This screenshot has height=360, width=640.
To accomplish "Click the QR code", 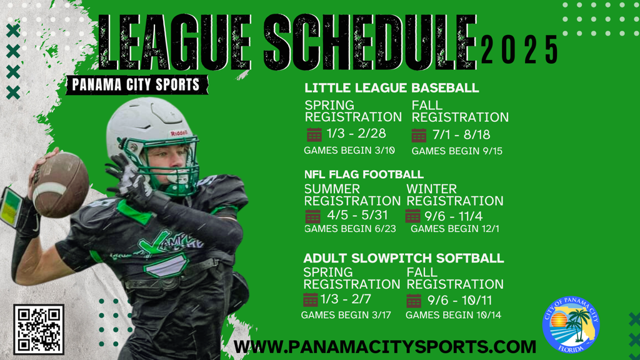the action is pyautogui.click(x=39, y=329).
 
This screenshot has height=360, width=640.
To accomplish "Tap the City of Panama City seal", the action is pyautogui.click(x=571, y=324).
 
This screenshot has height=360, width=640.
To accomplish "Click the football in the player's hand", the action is pyautogui.click(x=61, y=184).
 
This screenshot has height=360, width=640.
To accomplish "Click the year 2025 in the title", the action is pyautogui.click(x=519, y=49).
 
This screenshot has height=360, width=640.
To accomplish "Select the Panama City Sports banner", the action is pyautogui.click(x=137, y=85).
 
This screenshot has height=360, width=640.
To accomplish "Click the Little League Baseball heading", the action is pyautogui.click(x=392, y=87).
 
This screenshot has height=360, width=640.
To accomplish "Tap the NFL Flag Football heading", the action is pyautogui.click(x=364, y=174).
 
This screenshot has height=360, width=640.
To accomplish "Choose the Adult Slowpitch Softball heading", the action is pyautogui.click(x=404, y=258).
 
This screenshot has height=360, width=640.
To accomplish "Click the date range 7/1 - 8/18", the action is pyautogui.click(x=462, y=135).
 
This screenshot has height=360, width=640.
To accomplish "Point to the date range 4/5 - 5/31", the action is pyautogui.click(x=357, y=215).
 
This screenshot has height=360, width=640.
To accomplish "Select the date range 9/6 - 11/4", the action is pyautogui.click(x=454, y=216).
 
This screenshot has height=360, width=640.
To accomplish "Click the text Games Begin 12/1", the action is pyautogui.click(x=455, y=229).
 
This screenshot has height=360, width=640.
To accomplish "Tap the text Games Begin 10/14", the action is pyautogui.click(x=454, y=315).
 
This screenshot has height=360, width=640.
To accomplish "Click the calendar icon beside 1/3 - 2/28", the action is pyautogui.click(x=314, y=135).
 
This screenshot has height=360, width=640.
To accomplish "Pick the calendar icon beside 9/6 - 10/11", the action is pyautogui.click(x=414, y=301).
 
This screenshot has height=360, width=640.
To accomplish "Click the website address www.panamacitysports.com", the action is pyautogui.click(x=385, y=347).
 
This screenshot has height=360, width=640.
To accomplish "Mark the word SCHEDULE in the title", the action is pyautogui.click(x=370, y=42).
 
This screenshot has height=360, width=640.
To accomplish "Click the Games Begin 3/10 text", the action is pyautogui.click(x=349, y=151).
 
